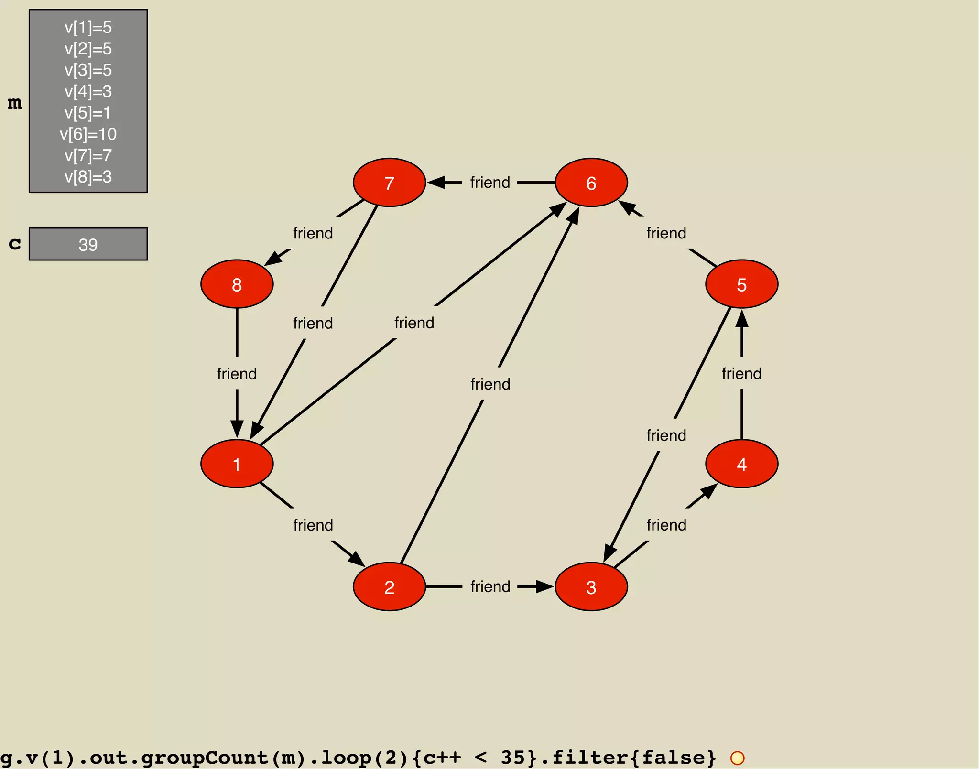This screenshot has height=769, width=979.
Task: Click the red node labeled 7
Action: (x=389, y=183)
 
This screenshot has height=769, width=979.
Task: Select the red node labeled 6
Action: (x=591, y=183)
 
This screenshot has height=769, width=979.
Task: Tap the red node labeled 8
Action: (x=237, y=284)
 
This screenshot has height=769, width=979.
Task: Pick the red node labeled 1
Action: (x=237, y=464)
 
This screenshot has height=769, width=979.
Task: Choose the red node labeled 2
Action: (x=389, y=586)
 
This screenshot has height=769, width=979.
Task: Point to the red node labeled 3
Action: (x=591, y=586)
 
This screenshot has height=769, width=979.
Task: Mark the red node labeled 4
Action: (x=741, y=464)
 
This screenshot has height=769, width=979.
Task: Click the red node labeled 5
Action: (x=741, y=284)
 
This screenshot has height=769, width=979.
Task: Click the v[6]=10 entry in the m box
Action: (x=88, y=134)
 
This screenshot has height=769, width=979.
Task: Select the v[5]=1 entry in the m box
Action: (x=88, y=113)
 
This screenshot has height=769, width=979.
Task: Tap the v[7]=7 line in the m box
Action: (x=88, y=155)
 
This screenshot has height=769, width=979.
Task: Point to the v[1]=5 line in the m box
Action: (x=88, y=27)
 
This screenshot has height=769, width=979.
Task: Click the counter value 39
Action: (x=88, y=245)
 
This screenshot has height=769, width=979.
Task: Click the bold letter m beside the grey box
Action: (x=15, y=103)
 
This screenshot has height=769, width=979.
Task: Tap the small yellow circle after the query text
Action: (x=737, y=758)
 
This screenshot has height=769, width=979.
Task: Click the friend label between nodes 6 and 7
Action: (x=490, y=183)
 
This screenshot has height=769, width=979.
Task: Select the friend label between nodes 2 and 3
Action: (x=490, y=586)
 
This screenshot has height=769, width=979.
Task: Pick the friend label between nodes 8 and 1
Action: (x=237, y=374)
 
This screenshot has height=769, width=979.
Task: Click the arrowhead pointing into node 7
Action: (x=435, y=183)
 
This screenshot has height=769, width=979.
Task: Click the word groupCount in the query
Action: (x=205, y=758)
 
